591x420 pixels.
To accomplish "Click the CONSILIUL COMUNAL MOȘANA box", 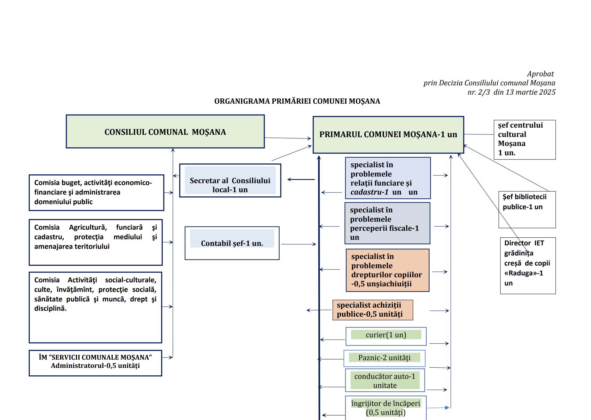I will tap(165, 132).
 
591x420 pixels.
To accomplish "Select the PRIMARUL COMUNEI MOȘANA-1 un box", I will tap(388, 135).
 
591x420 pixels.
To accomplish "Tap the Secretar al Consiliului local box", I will tap(230, 180).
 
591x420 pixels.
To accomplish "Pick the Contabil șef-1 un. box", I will tap(232, 243).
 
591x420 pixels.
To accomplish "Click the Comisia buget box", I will tap(96, 192).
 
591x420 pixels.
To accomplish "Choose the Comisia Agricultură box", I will tap(95, 242).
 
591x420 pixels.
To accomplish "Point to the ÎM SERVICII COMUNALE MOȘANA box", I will tap(95, 363).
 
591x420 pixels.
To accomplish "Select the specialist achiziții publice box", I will tap(372, 310).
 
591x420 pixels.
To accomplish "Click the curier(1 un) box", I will tap(386, 336).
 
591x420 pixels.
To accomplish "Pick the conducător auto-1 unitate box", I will tap(385, 380).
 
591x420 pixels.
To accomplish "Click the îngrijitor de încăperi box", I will tap(386, 408).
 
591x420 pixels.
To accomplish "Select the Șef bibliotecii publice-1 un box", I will tap(527, 209).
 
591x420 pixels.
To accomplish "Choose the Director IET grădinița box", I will tap(528, 266).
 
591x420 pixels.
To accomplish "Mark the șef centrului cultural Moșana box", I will tap(525, 140).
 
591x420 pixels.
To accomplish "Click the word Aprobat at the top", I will tap(540, 74).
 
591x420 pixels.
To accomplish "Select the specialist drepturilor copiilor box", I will tap(387, 270).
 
